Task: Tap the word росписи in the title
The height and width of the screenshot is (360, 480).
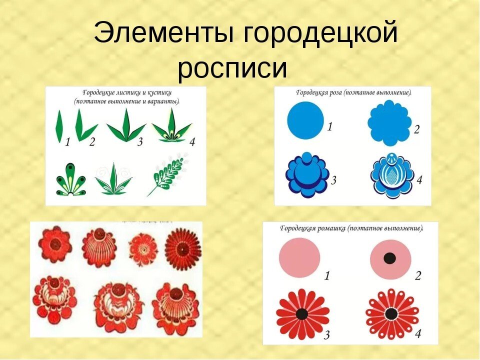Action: pos(232,69)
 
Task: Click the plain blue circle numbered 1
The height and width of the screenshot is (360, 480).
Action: pos(305,120)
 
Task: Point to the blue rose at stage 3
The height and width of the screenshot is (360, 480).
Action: pos(307,175)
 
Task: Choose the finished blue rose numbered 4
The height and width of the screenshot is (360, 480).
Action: pos(392,175)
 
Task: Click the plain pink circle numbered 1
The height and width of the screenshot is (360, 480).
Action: pos(299,258)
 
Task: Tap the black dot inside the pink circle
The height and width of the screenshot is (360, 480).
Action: pos(389,258)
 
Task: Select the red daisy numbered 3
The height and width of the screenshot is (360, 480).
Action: pos(302,313)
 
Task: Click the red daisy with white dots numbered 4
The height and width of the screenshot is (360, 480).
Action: pos(392,314)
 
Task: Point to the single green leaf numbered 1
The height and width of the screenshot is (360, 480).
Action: pos(59,126)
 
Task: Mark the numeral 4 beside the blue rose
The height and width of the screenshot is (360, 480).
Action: pos(419,179)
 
